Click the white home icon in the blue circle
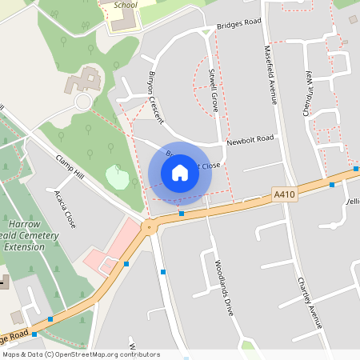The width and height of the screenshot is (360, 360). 180,173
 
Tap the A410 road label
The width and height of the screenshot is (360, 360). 284,194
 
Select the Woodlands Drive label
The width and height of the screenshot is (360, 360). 223,286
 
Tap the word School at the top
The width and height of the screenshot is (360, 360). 126,5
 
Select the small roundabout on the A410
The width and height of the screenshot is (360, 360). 148,227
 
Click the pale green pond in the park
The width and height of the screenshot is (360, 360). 117,178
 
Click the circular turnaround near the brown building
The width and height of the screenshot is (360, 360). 83,102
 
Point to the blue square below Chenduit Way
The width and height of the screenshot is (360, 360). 332,185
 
